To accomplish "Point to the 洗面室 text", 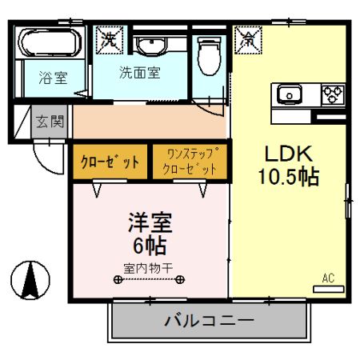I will point(139,72).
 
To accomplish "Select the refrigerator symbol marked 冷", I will point(248,37).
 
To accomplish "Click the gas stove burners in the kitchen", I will point(332,95).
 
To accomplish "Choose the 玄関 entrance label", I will point(50,122).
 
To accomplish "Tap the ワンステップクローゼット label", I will point(189,161).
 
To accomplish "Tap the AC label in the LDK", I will point(328,278).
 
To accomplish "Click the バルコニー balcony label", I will point(209,321).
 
